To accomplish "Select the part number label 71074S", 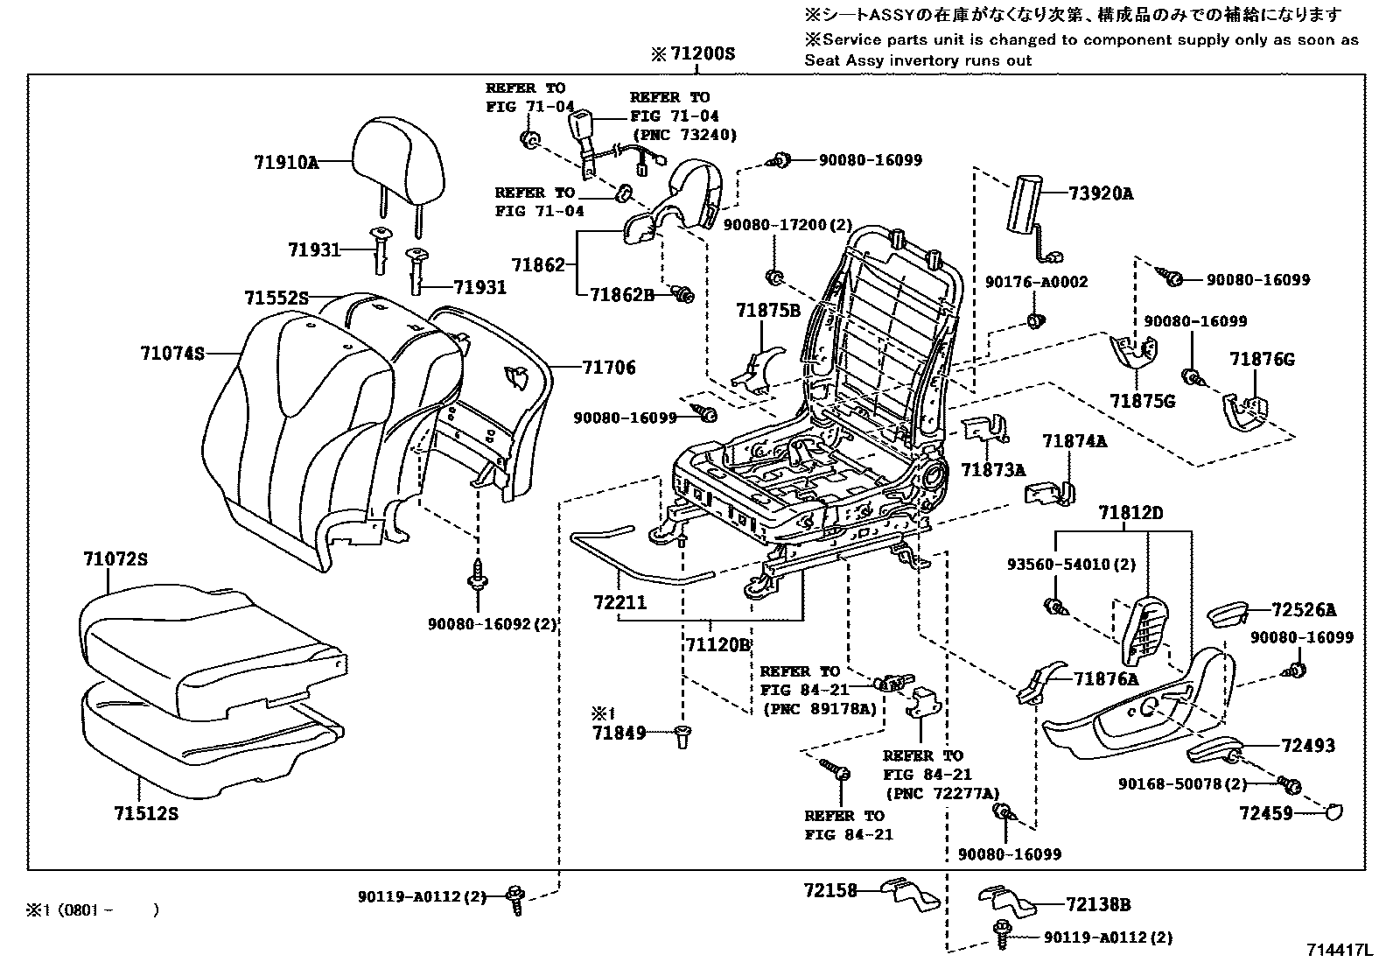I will (171, 354).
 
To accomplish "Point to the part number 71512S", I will (145, 814).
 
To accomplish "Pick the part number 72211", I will (619, 603).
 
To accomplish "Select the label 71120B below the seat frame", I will (717, 645).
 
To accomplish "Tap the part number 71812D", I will (1130, 513).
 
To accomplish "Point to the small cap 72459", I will (1333, 812).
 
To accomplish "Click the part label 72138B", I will (1098, 905).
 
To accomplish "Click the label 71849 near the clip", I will (619, 733).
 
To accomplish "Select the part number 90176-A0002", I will (1036, 282).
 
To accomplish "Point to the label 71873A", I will (992, 470).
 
